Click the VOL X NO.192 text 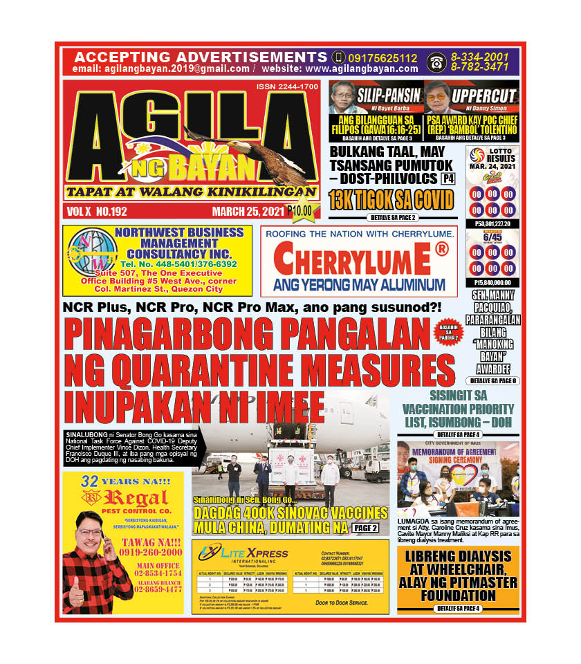(x=98, y=211)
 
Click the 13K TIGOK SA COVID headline (x=391, y=201)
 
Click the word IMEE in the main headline (x=283, y=403)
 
